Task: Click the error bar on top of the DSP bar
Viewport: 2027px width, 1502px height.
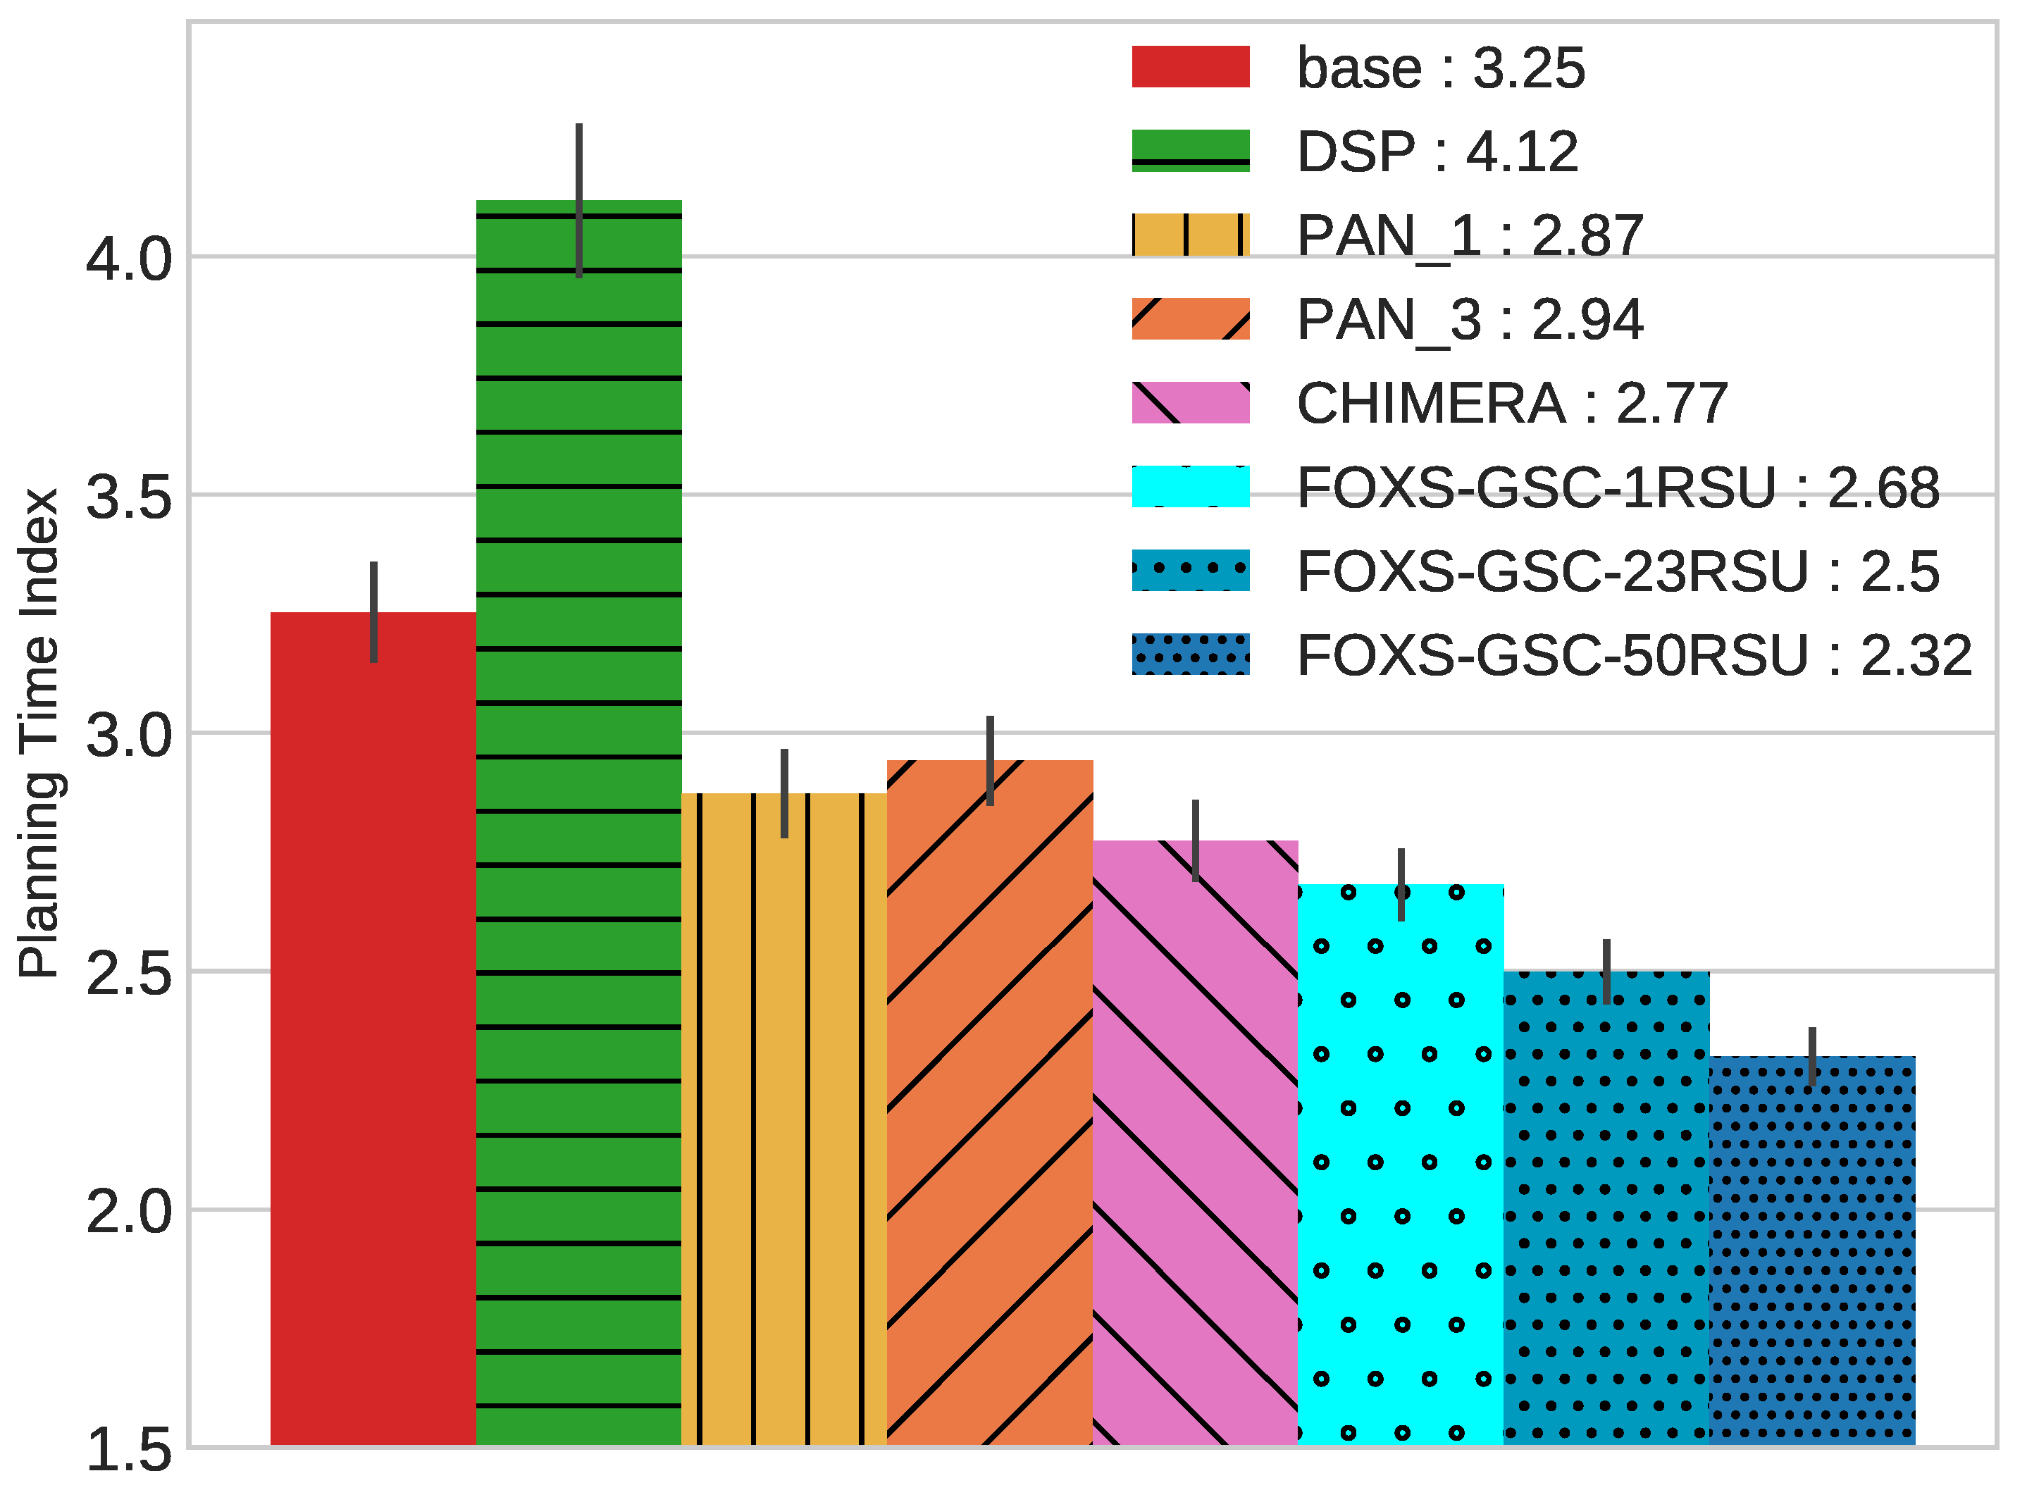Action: click(x=579, y=200)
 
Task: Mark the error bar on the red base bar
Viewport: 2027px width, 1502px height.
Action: click(x=373, y=612)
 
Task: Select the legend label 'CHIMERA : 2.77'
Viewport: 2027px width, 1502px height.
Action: click(x=1511, y=403)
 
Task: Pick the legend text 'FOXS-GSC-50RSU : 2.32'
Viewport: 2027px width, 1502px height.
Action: click(x=1634, y=654)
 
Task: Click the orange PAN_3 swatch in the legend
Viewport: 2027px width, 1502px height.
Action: click(x=1191, y=319)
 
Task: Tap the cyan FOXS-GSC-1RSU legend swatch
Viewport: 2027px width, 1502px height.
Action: click(x=1191, y=486)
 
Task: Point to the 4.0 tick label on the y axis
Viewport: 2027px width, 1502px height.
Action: click(x=128, y=259)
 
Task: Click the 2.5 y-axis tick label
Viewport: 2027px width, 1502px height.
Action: click(x=128, y=974)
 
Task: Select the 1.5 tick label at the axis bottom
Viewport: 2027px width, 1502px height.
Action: click(x=128, y=1450)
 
